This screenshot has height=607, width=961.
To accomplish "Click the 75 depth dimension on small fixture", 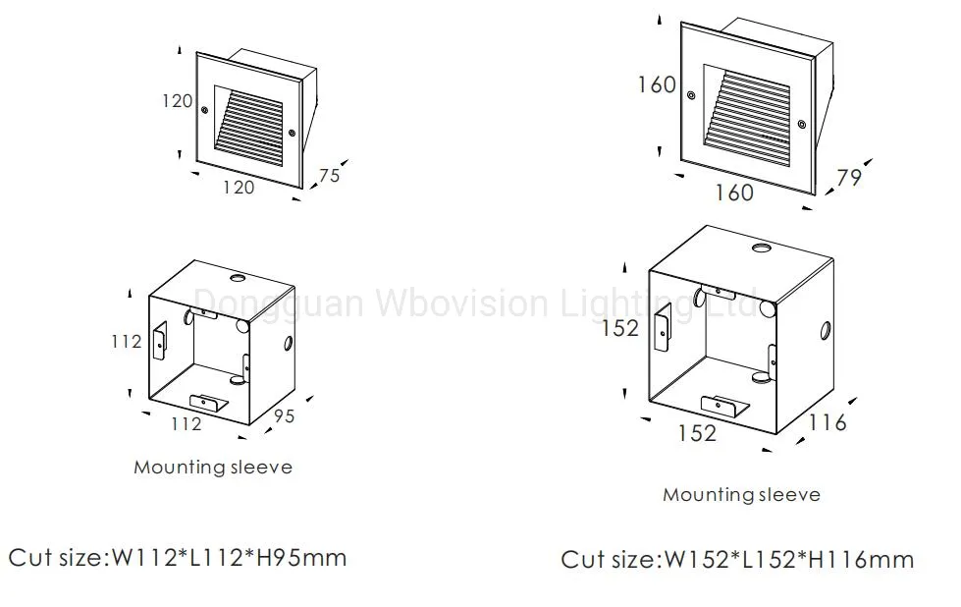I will click(x=329, y=175).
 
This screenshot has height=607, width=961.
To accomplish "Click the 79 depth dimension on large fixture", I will click(x=848, y=179).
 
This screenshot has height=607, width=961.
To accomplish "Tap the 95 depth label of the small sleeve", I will click(x=283, y=415).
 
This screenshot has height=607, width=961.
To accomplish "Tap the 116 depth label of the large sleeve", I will click(x=828, y=422).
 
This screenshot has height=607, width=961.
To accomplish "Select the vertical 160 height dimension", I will click(x=657, y=84).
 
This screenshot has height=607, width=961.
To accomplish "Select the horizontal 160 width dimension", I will click(x=734, y=193).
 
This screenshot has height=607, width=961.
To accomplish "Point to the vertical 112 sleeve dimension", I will click(x=126, y=341).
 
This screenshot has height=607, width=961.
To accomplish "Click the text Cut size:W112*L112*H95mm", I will click(x=178, y=558).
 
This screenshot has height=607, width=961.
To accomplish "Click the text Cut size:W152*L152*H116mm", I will click(x=737, y=560).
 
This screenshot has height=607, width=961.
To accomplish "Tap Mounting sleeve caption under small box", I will click(x=213, y=467).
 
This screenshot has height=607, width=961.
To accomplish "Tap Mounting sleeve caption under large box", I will click(x=741, y=494).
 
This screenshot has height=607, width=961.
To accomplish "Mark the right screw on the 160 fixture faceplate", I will click(x=801, y=124).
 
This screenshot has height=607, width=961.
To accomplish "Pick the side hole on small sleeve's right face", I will click(x=288, y=344).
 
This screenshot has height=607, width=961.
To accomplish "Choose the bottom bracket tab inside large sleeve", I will click(x=721, y=404).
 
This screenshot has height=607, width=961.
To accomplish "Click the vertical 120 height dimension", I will click(x=177, y=101).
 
